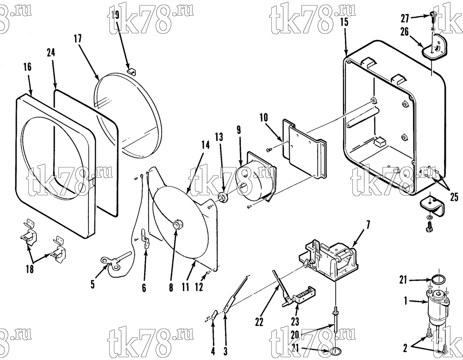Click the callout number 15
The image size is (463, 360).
[x=344, y=22]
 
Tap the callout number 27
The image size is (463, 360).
[x=405, y=19]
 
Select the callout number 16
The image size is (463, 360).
[x=27, y=67]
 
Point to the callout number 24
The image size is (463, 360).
[x=51, y=53]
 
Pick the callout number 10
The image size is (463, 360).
[x=264, y=118]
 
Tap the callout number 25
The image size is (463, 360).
[x=454, y=197]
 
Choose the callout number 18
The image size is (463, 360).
[x=30, y=269]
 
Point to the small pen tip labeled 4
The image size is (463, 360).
[x=214, y=315]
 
